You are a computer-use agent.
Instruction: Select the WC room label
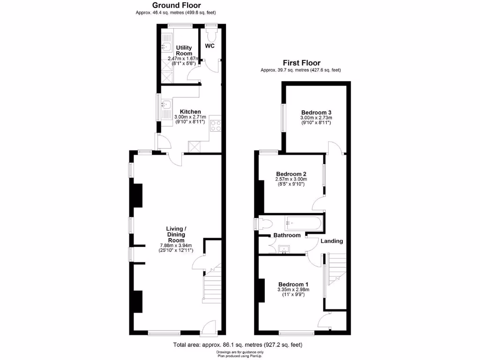click(210, 46)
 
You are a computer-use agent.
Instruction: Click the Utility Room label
click(184, 51)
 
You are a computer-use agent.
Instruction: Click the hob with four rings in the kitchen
click(215, 125)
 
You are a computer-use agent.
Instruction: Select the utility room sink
click(166, 46)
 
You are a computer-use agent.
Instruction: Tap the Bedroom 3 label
click(316, 112)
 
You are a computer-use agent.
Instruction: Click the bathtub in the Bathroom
click(303, 223)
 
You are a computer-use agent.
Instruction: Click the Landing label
click(331, 241)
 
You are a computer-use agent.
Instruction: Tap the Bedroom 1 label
click(293, 284)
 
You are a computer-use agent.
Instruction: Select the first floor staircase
click(336, 269)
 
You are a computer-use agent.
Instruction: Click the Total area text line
click(238, 345)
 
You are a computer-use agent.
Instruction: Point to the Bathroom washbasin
click(285, 249)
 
